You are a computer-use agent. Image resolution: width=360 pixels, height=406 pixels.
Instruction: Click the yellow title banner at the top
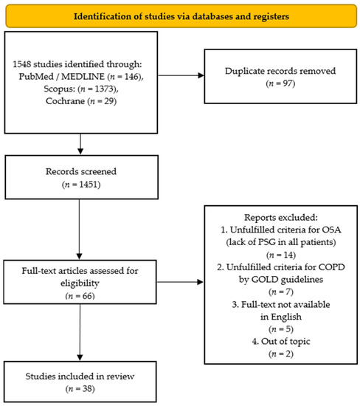point(181,16)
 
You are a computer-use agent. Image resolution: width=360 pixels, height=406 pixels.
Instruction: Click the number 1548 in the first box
point(22,64)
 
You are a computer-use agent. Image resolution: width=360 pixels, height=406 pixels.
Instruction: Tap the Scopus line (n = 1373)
point(81,89)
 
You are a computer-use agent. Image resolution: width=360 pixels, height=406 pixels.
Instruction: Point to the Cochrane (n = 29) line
point(81,100)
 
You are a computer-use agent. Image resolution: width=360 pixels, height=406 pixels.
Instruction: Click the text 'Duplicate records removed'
point(280,71)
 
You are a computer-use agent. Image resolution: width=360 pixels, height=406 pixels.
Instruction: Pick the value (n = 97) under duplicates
point(280,83)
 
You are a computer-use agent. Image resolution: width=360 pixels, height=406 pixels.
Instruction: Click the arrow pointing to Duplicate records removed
point(181,75)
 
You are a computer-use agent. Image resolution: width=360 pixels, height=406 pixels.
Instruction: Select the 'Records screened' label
point(81,171)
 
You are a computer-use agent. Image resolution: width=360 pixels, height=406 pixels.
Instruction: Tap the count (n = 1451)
point(81,185)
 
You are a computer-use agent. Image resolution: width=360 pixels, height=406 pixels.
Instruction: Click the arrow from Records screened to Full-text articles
point(79,230)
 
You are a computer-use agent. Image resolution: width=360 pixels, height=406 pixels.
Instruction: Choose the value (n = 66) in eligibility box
point(80,296)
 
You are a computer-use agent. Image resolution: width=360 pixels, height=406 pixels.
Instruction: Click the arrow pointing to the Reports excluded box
point(180,282)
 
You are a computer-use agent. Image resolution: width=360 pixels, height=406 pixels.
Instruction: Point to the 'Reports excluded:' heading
point(281,217)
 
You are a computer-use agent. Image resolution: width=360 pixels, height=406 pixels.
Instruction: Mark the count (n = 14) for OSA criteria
point(281,255)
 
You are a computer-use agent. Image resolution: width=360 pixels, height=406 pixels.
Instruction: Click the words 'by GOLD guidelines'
point(281,279)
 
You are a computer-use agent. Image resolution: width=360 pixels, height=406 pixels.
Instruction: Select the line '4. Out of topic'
point(281,341)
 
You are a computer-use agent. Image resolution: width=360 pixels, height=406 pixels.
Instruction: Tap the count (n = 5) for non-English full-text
point(281,328)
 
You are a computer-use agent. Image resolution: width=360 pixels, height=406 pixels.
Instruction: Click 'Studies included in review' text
point(80,376)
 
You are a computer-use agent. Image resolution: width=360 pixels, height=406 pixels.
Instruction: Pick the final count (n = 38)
point(80,388)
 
